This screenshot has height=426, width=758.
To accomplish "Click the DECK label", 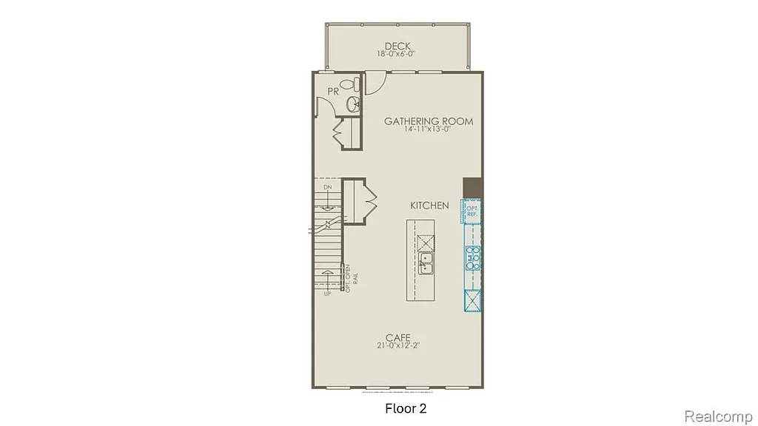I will [x=398, y=46].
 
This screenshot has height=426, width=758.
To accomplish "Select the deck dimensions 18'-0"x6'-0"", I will [x=398, y=54].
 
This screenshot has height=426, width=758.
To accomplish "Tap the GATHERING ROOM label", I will [x=429, y=121].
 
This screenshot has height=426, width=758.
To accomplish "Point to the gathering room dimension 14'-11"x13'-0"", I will [x=429, y=129].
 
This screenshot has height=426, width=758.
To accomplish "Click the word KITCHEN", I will [x=430, y=205].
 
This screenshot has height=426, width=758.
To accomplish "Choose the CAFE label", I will [x=398, y=337].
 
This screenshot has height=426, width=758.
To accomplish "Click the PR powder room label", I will [x=333, y=91].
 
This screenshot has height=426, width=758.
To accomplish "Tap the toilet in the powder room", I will [x=355, y=84].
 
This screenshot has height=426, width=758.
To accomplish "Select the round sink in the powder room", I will [x=353, y=104].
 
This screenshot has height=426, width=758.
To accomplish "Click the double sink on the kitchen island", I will [x=426, y=263].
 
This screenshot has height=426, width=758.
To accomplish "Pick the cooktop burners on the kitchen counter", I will [x=472, y=257].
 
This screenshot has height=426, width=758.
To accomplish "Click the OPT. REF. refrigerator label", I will [x=472, y=211].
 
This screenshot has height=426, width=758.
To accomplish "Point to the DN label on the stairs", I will [x=326, y=188].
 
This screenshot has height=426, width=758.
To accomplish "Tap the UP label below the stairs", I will [x=326, y=294].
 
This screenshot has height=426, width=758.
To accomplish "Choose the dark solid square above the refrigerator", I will [x=472, y=187].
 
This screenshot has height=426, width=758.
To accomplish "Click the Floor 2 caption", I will [x=406, y=408].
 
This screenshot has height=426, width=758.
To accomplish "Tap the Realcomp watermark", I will [x=719, y=416].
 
